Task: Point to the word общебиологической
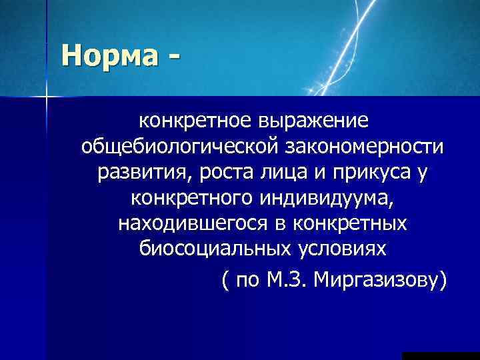(x=174, y=147)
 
